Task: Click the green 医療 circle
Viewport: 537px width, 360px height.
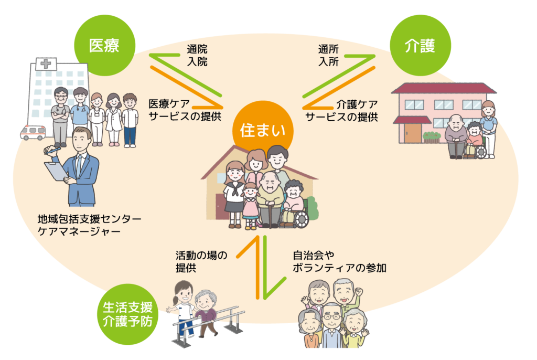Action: (x=105, y=45)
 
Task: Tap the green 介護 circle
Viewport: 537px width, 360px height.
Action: (x=421, y=45)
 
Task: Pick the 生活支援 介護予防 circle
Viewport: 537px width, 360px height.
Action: (x=128, y=314)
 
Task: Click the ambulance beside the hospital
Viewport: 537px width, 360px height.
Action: (x=33, y=132)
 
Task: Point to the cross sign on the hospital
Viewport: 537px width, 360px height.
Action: (x=46, y=63)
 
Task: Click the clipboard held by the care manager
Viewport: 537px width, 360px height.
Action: (x=57, y=171)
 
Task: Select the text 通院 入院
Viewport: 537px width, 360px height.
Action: (x=197, y=56)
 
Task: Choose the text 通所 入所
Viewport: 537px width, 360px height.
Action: (x=328, y=56)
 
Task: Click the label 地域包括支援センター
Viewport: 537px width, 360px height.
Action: (x=89, y=219)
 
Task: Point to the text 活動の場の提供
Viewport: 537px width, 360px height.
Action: (x=201, y=261)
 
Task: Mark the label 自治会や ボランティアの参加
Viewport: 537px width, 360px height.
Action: (x=339, y=261)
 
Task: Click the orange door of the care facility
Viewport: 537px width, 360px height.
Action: (x=413, y=133)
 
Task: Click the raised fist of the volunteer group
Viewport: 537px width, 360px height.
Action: (x=358, y=292)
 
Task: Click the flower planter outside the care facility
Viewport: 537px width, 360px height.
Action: (x=432, y=137)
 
